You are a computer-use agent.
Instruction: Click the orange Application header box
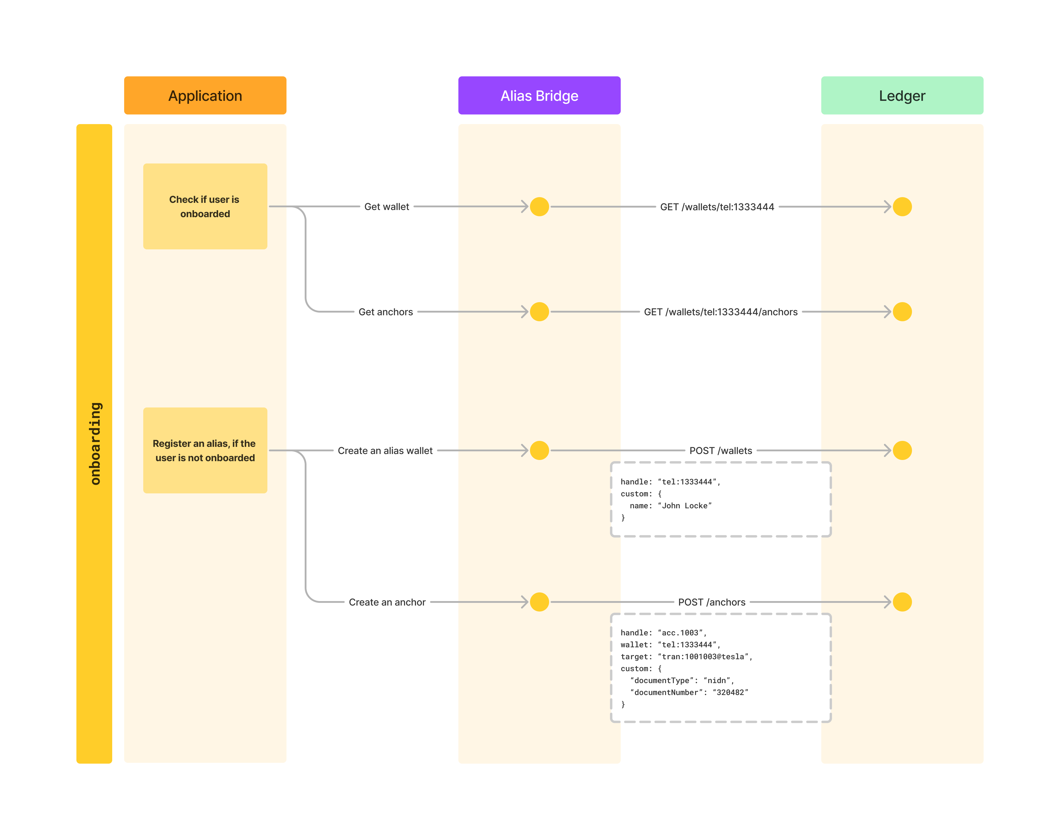tap(205, 95)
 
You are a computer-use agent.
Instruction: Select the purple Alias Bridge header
tap(539, 95)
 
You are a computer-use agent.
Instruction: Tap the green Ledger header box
tap(902, 95)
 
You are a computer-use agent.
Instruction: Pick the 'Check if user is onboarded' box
tap(205, 206)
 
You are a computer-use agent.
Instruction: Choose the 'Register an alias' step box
tap(205, 450)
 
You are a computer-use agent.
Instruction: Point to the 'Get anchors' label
tap(386, 312)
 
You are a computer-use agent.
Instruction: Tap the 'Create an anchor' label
tap(387, 602)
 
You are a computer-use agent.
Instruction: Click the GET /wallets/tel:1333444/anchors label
tap(720, 312)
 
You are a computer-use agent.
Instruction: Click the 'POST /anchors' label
tap(711, 602)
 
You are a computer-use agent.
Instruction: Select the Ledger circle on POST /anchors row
tap(902, 602)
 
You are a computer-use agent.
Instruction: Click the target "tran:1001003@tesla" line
tap(686, 657)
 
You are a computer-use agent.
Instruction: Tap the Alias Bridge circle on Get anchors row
tap(539, 312)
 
